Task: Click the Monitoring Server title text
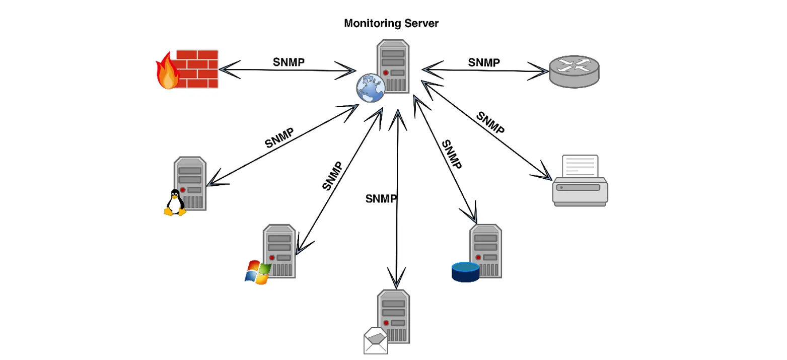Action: pos(391,23)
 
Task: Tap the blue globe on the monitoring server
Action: pos(371,88)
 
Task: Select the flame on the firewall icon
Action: pos(168,71)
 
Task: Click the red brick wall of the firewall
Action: pos(197,69)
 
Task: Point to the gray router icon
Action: pos(575,71)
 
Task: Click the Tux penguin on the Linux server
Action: pos(175,202)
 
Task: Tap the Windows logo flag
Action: pos(258,272)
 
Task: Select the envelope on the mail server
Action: pos(376,340)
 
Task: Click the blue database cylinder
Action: pos(465,272)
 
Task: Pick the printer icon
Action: pos(580,181)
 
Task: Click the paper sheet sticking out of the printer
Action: pos(580,166)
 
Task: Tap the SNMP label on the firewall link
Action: pos(289,62)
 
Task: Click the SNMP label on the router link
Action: pos(484,62)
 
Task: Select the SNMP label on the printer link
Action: pos(490,122)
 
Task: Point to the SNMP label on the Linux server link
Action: pos(279,137)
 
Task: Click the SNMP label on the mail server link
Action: pos(381,199)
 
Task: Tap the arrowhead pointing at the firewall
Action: pos(229,69)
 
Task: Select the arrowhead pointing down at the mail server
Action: pos(397,277)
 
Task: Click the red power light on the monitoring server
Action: pos(386,73)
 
